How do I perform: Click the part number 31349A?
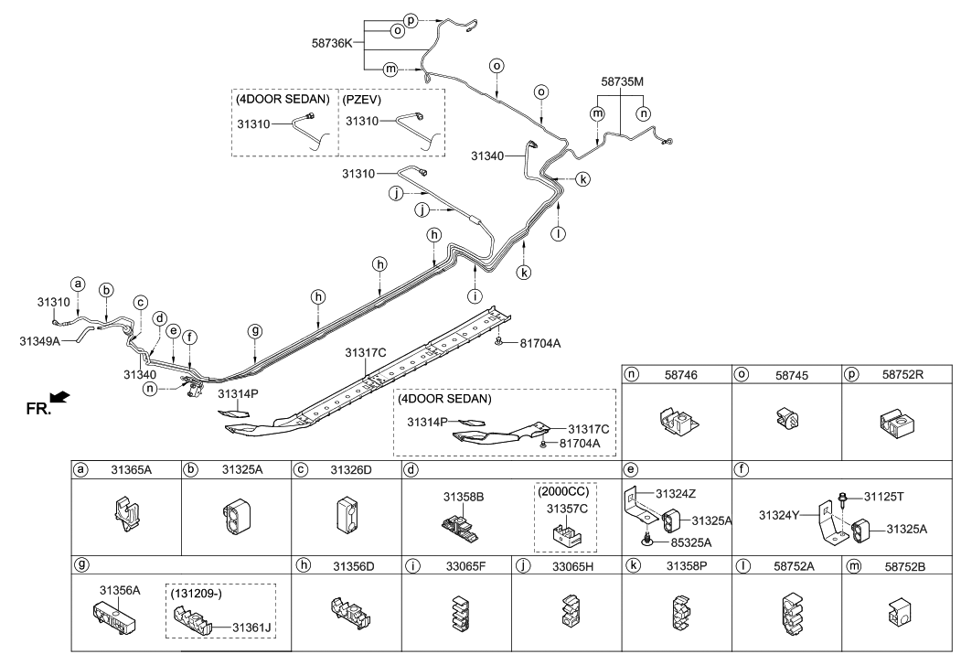click(x=40, y=341)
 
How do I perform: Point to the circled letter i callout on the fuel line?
click(x=474, y=295)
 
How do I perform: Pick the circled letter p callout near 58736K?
click(x=410, y=19)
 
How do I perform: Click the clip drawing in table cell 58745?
click(x=787, y=418)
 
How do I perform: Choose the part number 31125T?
click(x=883, y=496)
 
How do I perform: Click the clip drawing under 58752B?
click(x=897, y=617)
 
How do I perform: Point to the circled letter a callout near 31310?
click(x=79, y=284)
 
